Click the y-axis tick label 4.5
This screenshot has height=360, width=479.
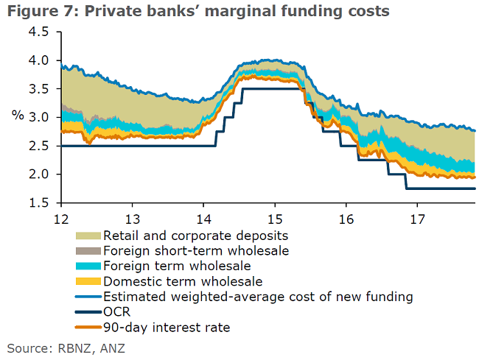39,32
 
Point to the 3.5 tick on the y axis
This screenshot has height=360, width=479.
39,89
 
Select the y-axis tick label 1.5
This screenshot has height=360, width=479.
39,202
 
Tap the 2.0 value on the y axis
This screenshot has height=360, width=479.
39,174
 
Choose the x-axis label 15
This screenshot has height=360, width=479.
274,218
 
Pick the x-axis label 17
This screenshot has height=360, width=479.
417,218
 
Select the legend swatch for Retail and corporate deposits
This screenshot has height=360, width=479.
88,236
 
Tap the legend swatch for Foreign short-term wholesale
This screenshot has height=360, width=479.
88,251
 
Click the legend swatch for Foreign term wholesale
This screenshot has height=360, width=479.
88,266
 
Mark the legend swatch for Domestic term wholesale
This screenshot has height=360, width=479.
88,281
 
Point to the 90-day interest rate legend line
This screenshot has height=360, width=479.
88,328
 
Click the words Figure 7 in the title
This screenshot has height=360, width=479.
36,12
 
